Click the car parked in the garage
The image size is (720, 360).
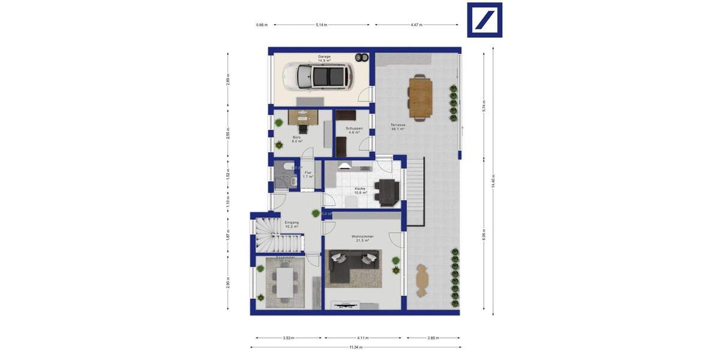coord(317,76)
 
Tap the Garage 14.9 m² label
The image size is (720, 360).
coord(324,58)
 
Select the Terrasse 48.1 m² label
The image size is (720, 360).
coord(398,127)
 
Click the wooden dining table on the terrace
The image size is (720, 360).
coord(421,97)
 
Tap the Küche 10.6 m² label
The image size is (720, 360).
coord(359,190)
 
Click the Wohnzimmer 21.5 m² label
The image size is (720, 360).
coord(362,238)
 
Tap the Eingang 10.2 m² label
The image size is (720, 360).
coord(291,224)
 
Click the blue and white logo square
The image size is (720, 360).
coord(484,20)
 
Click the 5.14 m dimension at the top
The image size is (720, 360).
coord(322,25)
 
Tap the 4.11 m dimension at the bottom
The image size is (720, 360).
coord(363,338)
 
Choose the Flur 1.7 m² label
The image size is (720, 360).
coord(308,175)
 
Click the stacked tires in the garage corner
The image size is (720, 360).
coord(361,58)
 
